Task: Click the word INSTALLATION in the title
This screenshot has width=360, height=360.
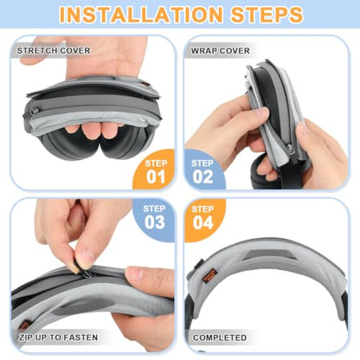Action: [x=141, y=15]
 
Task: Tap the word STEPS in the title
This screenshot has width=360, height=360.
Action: [x=267, y=15]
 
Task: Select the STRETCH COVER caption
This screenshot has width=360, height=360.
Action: [x=54, y=51]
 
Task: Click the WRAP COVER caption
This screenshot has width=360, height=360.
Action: [x=221, y=51]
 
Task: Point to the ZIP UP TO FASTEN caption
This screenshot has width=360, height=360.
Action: [x=58, y=337]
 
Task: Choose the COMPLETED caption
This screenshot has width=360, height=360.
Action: [x=220, y=337]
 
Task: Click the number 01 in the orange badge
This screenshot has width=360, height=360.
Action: [x=156, y=177]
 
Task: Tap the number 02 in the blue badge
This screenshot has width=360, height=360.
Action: [x=202, y=177]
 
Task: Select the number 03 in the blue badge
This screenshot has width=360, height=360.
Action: [x=155, y=222]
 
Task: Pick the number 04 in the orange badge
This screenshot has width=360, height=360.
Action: [x=203, y=222]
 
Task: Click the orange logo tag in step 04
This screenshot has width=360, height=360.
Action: [x=209, y=275]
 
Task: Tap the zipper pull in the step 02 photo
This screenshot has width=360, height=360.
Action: [x=290, y=149]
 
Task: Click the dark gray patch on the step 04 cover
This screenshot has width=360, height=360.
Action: [x=267, y=254]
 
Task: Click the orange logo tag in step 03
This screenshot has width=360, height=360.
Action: [x=24, y=325]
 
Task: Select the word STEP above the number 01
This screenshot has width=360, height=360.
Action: [x=156, y=164]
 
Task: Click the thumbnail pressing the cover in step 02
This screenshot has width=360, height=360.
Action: [x=263, y=113]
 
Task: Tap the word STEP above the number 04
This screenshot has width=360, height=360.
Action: [x=202, y=209]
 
